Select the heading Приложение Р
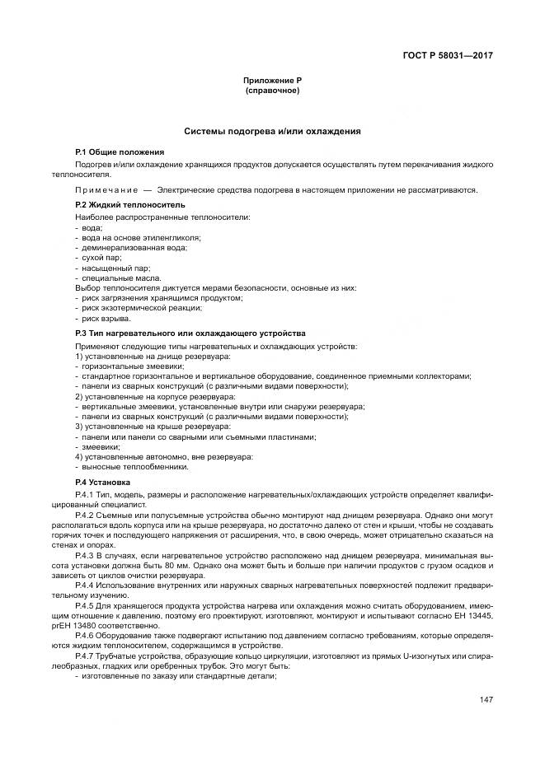tap(271, 80)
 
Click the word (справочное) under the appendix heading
tap(271, 90)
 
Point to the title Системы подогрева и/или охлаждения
tap(271, 131)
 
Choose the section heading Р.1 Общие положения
tap(119, 152)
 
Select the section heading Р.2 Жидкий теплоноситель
tap(129, 203)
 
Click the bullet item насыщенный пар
tap(108, 268)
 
